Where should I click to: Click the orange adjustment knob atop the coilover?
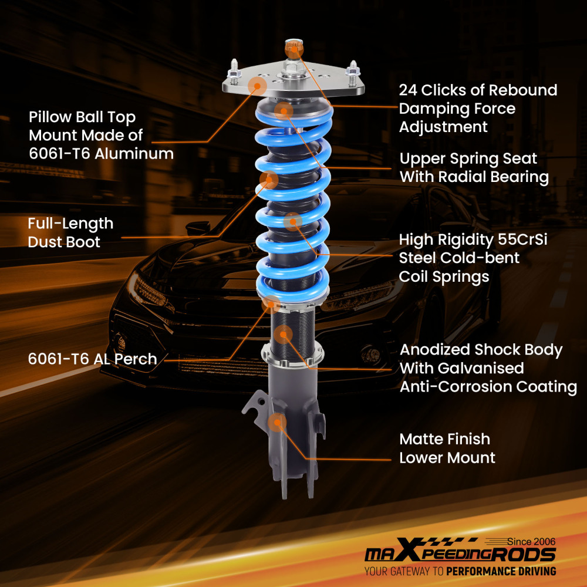tap(292, 47)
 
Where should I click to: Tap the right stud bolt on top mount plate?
tap(353, 69)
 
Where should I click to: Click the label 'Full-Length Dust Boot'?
tap(70, 232)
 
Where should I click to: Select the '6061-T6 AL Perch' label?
tap(92, 359)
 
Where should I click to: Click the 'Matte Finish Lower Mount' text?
tap(447, 448)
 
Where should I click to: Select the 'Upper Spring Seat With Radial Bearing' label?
tap(473, 168)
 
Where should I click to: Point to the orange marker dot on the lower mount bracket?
tap(276, 422)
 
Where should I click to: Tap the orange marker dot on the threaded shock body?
tap(283, 334)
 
